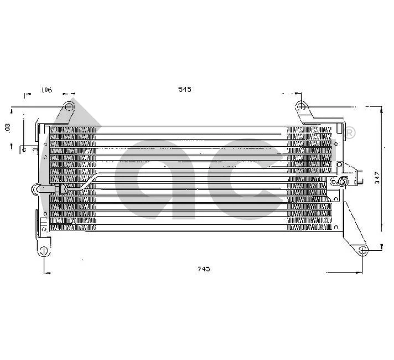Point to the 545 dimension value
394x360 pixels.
(x=184, y=90)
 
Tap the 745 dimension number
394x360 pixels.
(x=204, y=269)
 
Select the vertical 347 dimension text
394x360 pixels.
(x=377, y=177)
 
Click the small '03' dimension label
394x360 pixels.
(x=8, y=127)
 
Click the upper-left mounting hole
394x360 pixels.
(x=69, y=105)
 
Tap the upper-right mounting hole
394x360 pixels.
(x=300, y=105)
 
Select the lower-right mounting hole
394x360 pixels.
(x=362, y=251)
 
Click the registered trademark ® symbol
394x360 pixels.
(x=350, y=133)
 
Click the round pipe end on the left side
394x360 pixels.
(x=37, y=189)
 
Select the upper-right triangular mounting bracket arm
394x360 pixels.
(x=310, y=116)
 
